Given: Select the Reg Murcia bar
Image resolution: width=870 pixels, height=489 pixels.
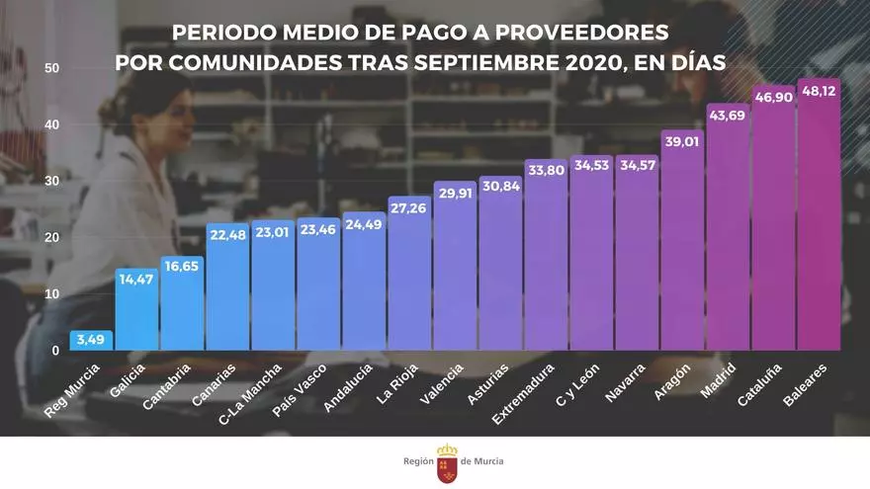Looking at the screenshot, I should pos(92,341).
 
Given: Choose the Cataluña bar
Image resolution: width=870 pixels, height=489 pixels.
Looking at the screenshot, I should pos(773,227).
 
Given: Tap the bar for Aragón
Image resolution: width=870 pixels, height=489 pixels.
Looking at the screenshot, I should pos(682,247).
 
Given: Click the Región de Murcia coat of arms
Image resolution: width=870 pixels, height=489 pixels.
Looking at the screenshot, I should pos(447,461).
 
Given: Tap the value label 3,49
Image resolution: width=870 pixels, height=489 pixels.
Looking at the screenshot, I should pos(92,340).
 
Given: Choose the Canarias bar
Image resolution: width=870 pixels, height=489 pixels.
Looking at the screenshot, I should pos(227,291).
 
